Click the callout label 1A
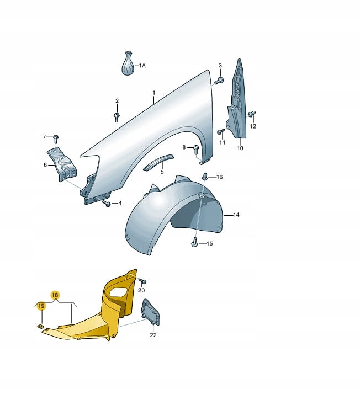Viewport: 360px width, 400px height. coord(142,66)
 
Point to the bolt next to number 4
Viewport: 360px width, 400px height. coord(107,204)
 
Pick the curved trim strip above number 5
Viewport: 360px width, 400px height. coord(158,162)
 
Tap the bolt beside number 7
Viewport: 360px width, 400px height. coord(56,139)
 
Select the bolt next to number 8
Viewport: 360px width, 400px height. coord(196,149)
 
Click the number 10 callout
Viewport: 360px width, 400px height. coord(240,148)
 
